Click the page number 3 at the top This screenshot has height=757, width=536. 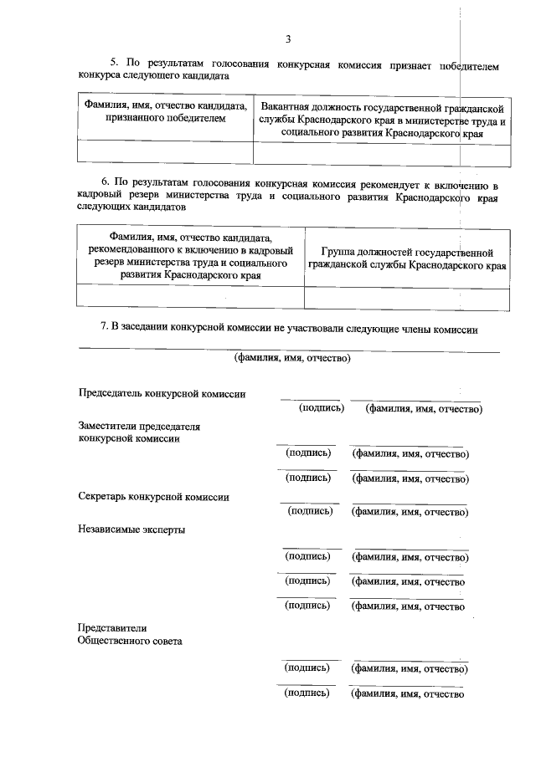287,38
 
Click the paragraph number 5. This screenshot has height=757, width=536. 116,63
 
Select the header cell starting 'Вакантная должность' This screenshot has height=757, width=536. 382,120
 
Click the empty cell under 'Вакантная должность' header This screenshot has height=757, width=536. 382,153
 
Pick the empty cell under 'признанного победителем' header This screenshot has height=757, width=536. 165,153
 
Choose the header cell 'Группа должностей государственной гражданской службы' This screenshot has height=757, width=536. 406,258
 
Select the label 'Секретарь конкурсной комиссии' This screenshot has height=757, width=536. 154,496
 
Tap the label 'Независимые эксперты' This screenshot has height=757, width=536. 131,529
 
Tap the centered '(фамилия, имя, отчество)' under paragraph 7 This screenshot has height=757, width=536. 291,359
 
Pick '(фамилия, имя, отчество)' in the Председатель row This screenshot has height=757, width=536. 423,409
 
